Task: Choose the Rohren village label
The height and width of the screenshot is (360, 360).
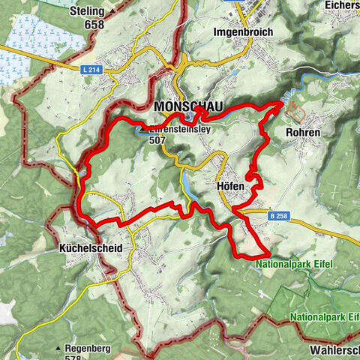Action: point(303,133)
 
